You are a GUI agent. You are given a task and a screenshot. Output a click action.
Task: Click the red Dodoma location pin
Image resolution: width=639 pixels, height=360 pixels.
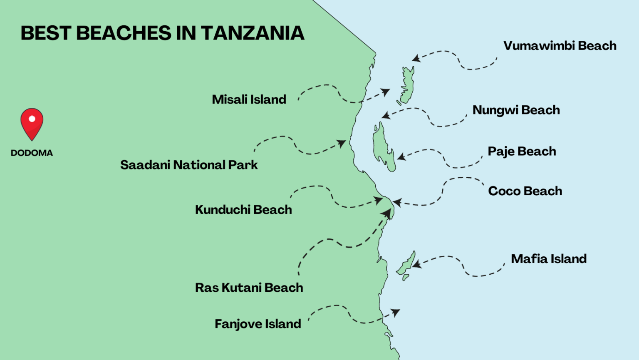click(x=32, y=122)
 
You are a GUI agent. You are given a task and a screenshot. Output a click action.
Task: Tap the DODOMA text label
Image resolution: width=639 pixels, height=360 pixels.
click(x=32, y=153)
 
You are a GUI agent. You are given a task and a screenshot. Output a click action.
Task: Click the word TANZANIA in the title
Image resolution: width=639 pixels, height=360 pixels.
click(x=253, y=33)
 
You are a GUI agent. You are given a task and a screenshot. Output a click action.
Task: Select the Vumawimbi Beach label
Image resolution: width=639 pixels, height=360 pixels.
click(x=560, y=46)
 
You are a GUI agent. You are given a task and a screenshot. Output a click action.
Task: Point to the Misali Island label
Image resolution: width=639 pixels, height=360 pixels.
click(x=249, y=99)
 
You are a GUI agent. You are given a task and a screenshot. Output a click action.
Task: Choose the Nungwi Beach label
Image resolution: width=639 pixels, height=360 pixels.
click(x=516, y=110)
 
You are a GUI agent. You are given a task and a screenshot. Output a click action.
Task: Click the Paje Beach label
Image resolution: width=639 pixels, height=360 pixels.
click(x=522, y=151)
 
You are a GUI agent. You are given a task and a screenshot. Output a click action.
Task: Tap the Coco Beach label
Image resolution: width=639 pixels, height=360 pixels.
click(x=525, y=191)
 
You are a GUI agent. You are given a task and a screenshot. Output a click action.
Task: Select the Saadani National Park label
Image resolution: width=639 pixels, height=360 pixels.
click(x=189, y=165)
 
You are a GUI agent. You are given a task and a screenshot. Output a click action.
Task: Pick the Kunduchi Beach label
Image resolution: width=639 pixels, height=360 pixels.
click(x=243, y=210)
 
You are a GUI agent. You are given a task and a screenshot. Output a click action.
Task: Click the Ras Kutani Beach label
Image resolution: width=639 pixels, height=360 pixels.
click(x=249, y=288)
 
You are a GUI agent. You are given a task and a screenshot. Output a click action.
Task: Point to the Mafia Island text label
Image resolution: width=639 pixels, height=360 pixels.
click(x=548, y=259)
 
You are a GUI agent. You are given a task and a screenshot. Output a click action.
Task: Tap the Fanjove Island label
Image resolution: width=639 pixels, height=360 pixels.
click(x=258, y=324)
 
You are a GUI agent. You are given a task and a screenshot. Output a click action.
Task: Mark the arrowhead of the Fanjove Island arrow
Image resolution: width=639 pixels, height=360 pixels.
click(x=396, y=312)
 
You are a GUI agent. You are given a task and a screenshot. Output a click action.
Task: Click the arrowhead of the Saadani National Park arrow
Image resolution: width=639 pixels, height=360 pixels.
click(x=342, y=144)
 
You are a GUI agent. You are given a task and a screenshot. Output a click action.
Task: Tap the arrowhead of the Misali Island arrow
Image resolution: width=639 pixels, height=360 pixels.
click(x=386, y=92)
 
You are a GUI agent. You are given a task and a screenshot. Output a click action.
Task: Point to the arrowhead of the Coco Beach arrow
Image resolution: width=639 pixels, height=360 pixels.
click(x=396, y=203)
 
